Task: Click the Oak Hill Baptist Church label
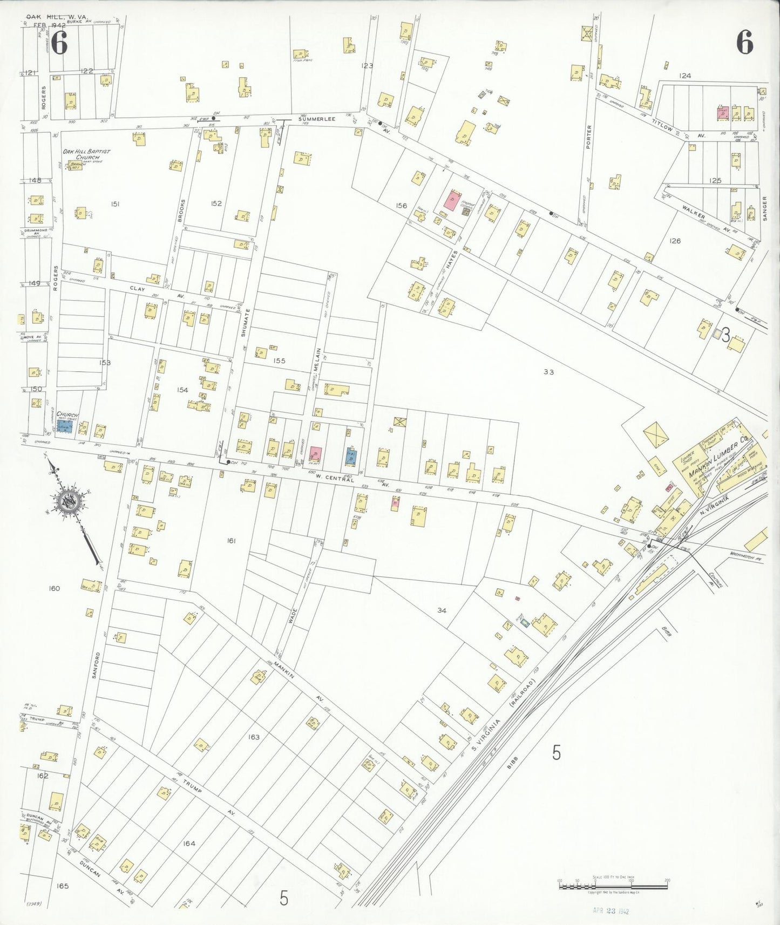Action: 86,154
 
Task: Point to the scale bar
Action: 613,883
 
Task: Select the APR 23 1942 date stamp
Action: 611,910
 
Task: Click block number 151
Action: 115,204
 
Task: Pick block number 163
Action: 254,737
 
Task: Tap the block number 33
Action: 548,372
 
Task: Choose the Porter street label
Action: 589,137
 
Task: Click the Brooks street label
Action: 182,212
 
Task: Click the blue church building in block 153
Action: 65,426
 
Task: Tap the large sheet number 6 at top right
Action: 744,42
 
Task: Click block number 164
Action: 189,843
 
